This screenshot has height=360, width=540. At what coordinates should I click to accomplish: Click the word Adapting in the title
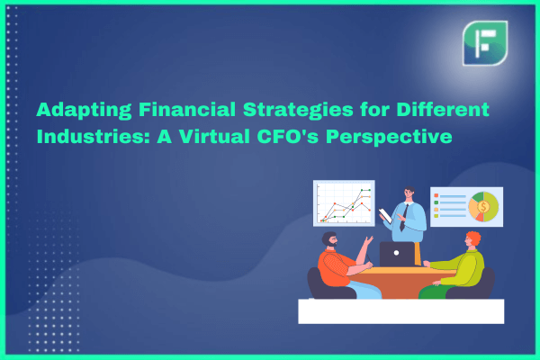[84, 110]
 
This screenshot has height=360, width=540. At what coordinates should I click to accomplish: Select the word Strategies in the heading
[298, 110]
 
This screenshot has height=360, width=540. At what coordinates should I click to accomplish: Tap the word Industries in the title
[94, 136]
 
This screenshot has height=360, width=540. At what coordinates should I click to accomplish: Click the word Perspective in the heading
[389, 137]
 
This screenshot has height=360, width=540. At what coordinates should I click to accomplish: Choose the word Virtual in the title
[214, 136]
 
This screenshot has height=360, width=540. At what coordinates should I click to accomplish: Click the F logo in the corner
[485, 43]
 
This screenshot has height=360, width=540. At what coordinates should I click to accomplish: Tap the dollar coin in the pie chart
[483, 207]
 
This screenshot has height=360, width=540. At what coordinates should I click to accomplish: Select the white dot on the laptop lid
[396, 253]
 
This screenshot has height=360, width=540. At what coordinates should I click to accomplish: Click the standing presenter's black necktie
[404, 218]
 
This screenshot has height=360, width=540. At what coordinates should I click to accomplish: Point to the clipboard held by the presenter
[385, 216]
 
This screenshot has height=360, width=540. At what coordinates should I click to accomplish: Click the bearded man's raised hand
[369, 240]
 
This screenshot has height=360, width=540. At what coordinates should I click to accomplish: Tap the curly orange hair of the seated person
[474, 238]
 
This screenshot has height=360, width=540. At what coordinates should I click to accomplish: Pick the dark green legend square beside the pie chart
[436, 202]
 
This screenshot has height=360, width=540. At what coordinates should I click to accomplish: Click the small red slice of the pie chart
[480, 217]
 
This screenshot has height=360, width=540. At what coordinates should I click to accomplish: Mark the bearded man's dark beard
[331, 243]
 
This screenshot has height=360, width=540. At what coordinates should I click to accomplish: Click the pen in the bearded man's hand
[368, 258]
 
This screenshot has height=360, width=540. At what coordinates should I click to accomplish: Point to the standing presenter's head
[409, 193]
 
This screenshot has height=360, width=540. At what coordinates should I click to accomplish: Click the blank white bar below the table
[401, 311]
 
